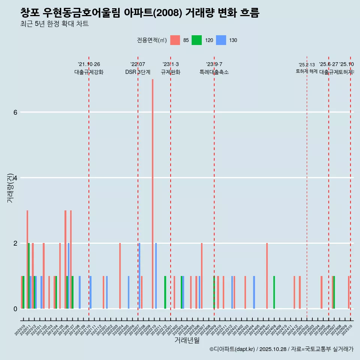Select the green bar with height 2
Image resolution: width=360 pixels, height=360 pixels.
(x=29, y=276)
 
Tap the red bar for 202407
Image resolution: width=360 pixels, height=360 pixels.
(x=267, y=276)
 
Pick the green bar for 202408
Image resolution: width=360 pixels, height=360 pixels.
(x=274, y=292)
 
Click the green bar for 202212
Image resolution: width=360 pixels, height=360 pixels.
(x=165, y=292)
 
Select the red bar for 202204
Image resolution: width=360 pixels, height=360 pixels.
(x=120, y=276)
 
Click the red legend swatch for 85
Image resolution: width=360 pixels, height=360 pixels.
(x=175, y=40)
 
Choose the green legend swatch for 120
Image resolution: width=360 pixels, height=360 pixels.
(x=196, y=40)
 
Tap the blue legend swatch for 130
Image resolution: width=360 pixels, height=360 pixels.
(x=221, y=40)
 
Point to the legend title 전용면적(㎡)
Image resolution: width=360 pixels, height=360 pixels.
(x=151, y=40)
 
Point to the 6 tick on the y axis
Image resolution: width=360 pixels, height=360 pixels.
(x=15, y=112)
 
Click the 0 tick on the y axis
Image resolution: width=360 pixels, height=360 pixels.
(x=15, y=309)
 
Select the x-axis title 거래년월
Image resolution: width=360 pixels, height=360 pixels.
(x=187, y=340)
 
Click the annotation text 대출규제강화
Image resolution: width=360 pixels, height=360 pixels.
(x=89, y=72)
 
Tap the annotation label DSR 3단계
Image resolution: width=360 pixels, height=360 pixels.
(x=138, y=72)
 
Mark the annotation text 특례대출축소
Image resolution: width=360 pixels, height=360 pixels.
(x=214, y=72)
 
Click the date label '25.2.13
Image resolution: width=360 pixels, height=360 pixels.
(x=307, y=65)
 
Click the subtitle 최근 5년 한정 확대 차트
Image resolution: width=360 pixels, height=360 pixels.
(x=54, y=24)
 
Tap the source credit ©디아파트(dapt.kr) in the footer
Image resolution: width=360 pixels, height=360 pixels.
(x=232, y=349)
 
